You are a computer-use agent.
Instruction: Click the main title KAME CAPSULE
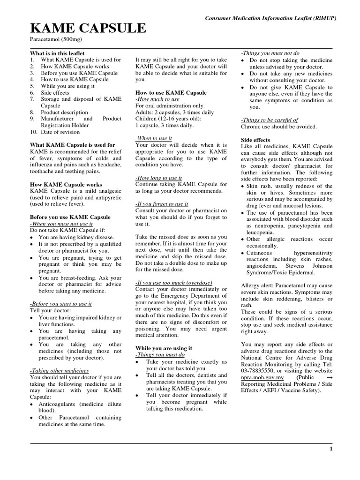[89, 29]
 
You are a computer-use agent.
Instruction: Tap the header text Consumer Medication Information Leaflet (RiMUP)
[271, 17]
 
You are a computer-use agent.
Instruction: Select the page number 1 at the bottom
[331, 449]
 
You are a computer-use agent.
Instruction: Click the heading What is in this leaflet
[57, 53]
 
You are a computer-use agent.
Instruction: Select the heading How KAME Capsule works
[66, 185]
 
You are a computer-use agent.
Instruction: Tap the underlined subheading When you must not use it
[61, 224]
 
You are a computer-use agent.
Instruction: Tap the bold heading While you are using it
[164, 349]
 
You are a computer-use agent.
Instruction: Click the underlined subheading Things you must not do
[270, 53]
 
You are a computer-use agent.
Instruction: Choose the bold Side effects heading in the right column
[255, 140]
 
